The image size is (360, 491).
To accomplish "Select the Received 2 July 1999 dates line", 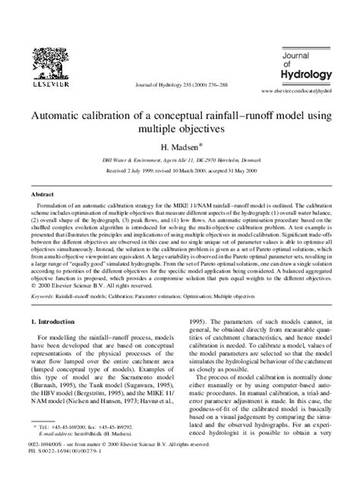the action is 179,172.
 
